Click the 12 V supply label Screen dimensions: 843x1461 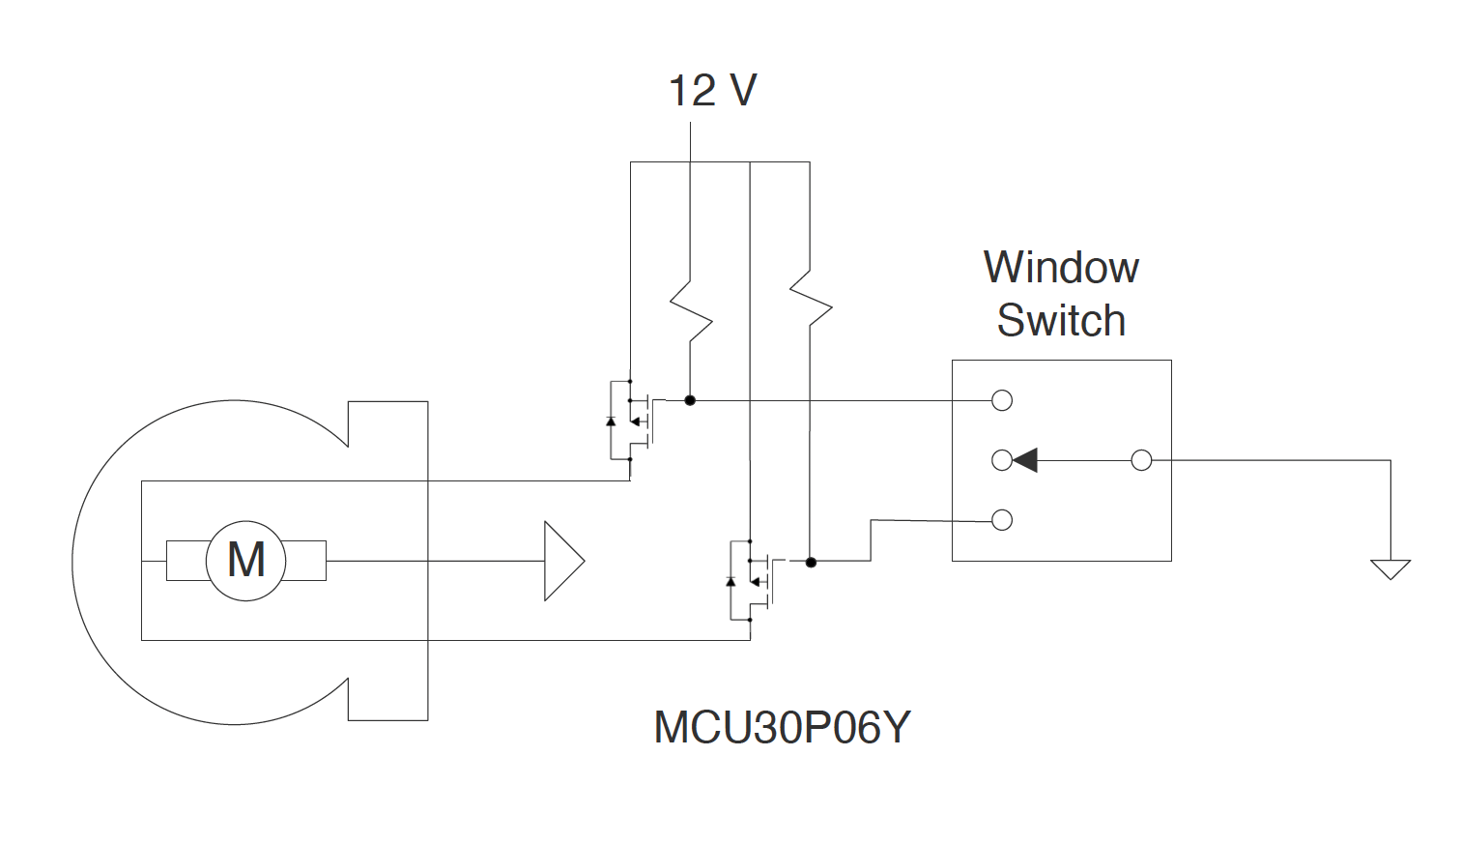[x=712, y=91]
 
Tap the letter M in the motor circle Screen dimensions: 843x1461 [x=246, y=560]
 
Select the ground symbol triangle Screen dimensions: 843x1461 [x=1390, y=568]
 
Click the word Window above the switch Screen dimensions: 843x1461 [x=1061, y=268]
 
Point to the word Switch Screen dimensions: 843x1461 [x=1061, y=321]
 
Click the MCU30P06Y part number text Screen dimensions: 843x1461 [x=782, y=728]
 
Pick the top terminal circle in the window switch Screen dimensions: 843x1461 [x=1002, y=400]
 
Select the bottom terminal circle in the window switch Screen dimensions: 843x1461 [x=1002, y=520]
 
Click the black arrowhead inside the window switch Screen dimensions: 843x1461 [x=1025, y=460]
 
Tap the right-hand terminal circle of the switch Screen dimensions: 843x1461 [x=1141, y=460]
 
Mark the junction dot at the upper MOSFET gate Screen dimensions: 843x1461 [x=690, y=400]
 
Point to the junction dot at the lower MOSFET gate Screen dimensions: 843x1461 [x=811, y=562]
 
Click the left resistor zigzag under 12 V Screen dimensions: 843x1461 [x=691, y=311]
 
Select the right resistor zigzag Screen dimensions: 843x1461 [x=811, y=300]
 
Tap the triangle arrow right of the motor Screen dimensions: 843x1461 [x=562, y=561]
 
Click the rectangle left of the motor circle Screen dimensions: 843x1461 [x=186, y=561]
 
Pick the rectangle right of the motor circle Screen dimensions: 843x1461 [x=306, y=561]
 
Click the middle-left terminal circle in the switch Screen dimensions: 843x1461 [x=1002, y=460]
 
